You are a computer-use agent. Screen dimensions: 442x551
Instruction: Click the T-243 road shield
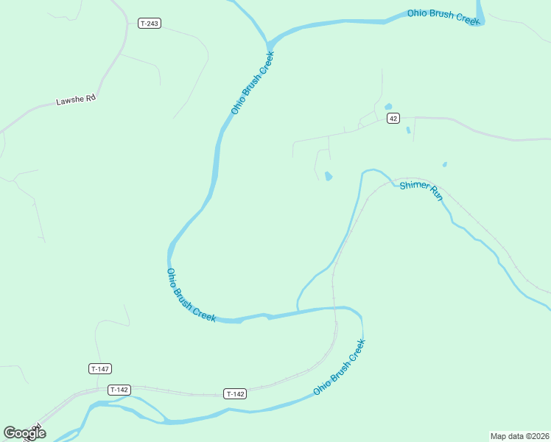[149, 24]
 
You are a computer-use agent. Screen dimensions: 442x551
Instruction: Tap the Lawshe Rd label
[76, 100]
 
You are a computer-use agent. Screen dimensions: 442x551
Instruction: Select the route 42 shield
[393, 118]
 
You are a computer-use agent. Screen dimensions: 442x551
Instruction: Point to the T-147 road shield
[100, 368]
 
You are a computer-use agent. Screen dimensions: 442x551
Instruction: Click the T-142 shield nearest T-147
[119, 390]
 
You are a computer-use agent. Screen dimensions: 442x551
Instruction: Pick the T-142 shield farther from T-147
[235, 394]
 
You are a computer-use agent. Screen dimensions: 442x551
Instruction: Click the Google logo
[24, 433]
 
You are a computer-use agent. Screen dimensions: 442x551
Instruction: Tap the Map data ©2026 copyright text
[519, 435]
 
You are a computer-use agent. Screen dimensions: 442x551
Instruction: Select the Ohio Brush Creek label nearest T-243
[252, 82]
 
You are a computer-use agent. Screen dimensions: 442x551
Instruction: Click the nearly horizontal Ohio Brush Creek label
[444, 16]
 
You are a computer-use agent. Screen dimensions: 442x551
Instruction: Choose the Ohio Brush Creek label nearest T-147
[190, 295]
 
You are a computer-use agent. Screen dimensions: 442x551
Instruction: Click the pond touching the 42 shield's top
[388, 107]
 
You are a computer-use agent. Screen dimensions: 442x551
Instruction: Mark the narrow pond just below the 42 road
[408, 130]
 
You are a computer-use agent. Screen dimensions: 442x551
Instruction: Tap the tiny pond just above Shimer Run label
[444, 164]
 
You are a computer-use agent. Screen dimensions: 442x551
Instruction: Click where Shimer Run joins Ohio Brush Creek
[298, 310]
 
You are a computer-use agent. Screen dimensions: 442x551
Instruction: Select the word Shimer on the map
[413, 186]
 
